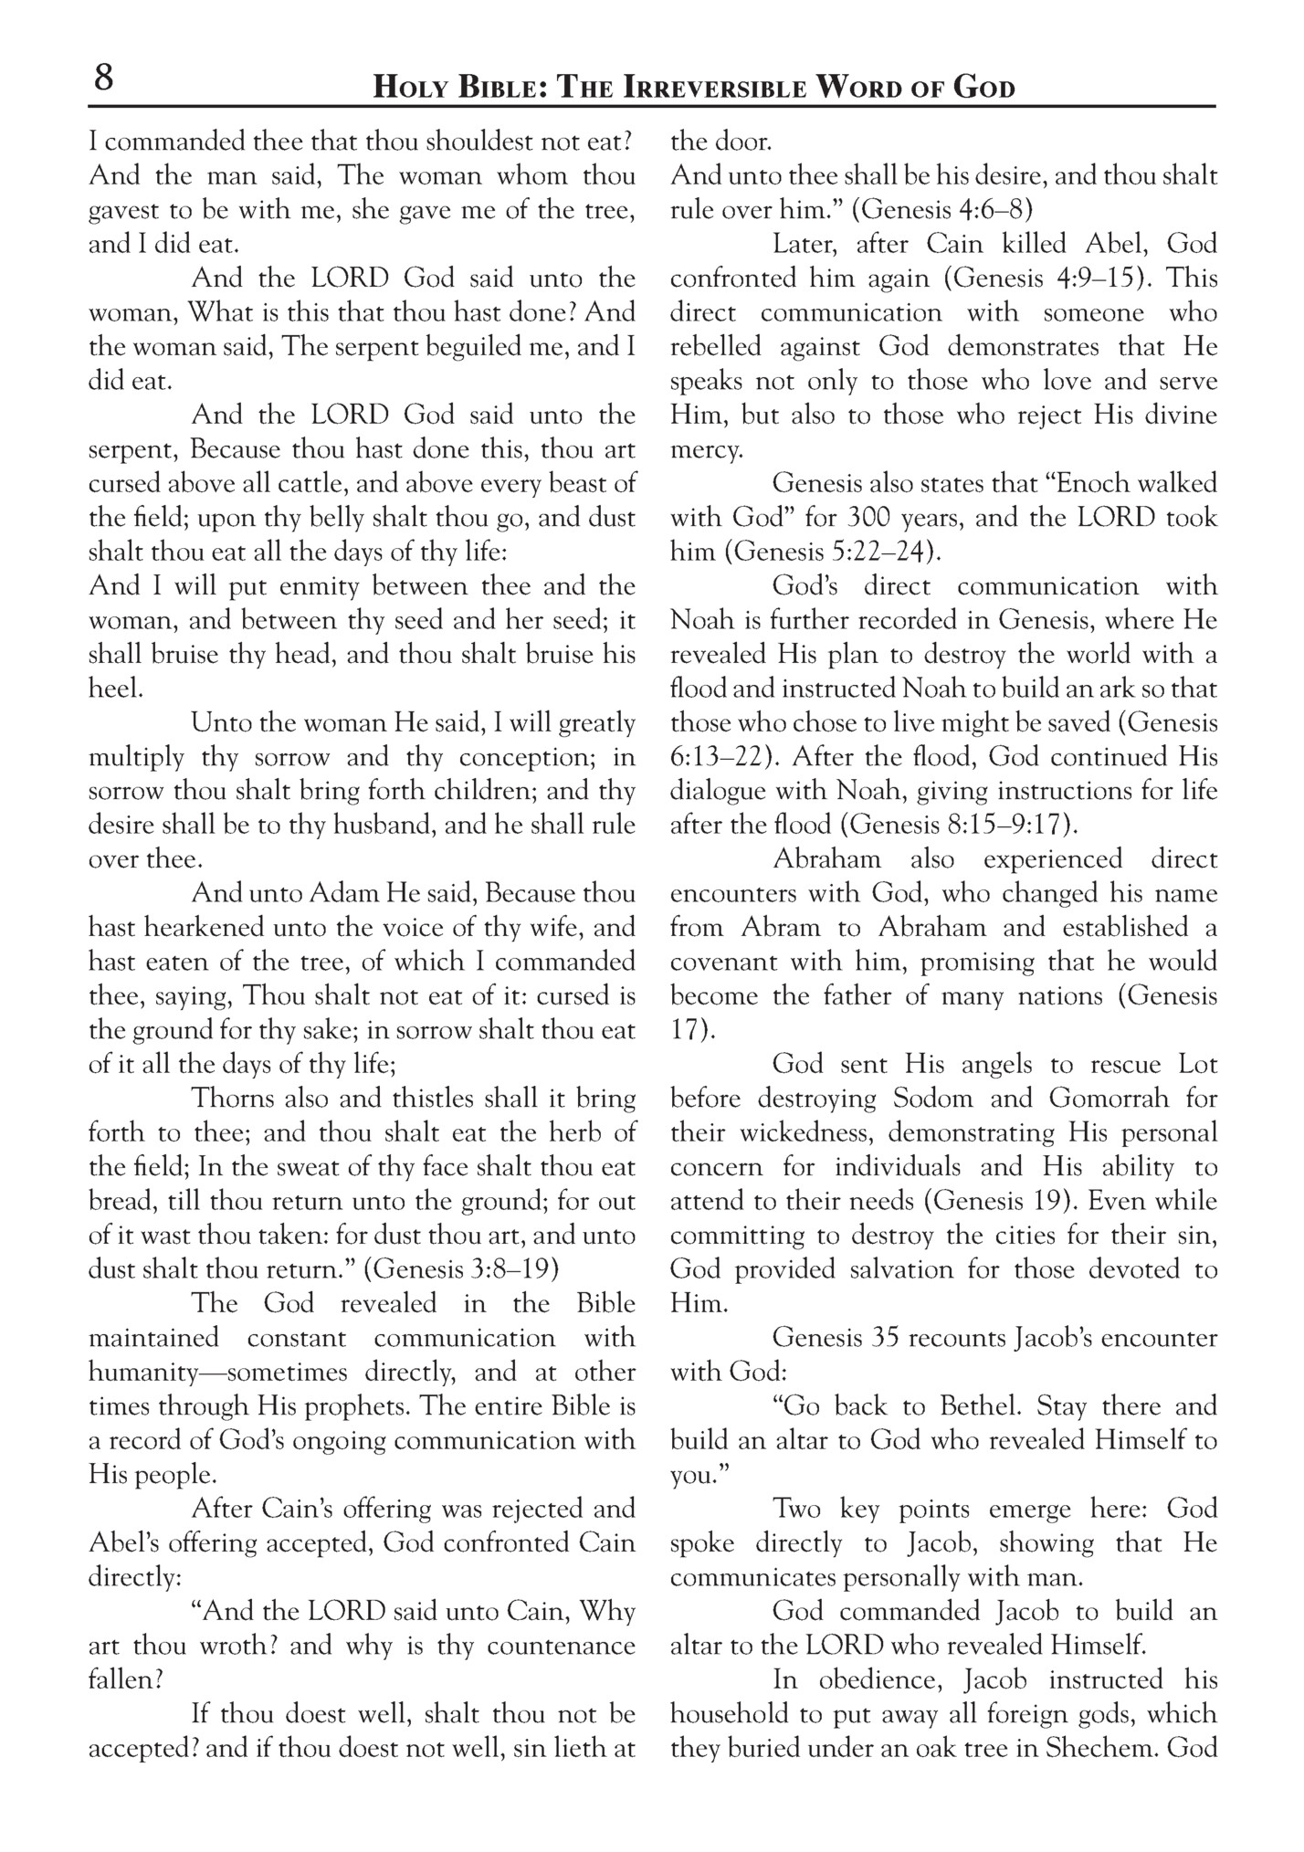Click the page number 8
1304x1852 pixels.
click(x=103, y=79)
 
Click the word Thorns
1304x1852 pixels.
click(x=233, y=1098)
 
